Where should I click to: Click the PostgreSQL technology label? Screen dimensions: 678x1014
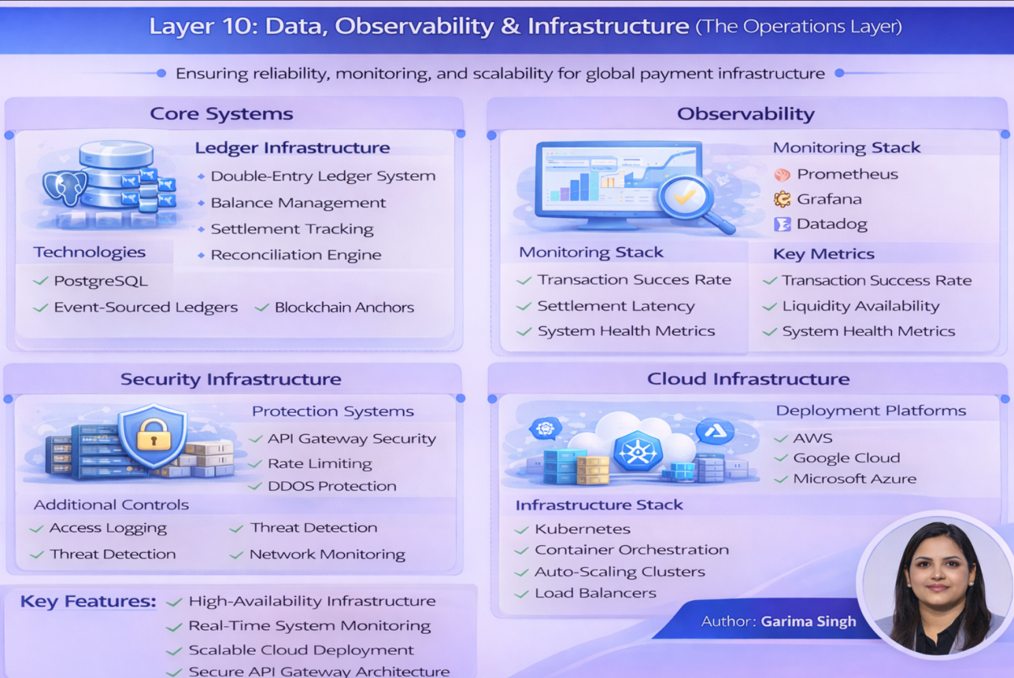[100, 281]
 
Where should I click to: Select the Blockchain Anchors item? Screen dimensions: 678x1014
[343, 307]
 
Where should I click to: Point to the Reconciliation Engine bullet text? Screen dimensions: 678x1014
[295, 255]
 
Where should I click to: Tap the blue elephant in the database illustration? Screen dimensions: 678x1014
[64, 187]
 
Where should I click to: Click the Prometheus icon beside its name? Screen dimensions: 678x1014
[782, 174]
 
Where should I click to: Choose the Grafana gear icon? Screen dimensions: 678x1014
[782, 199]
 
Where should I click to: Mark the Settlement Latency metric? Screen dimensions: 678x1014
[615, 306]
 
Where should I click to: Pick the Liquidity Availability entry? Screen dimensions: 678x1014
[860, 306]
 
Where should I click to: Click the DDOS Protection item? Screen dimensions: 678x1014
[331, 486]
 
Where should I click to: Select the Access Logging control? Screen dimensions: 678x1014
[108, 528]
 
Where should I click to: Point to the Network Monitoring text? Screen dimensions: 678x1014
[327, 555]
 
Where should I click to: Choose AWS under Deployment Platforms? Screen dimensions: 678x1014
[812, 438]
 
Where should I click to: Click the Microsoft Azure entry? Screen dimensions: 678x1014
[854, 479]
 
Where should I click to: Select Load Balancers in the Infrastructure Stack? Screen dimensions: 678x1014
[595, 594]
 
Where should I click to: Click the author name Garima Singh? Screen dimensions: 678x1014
[808, 621]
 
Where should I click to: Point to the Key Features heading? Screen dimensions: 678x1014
[88, 602]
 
